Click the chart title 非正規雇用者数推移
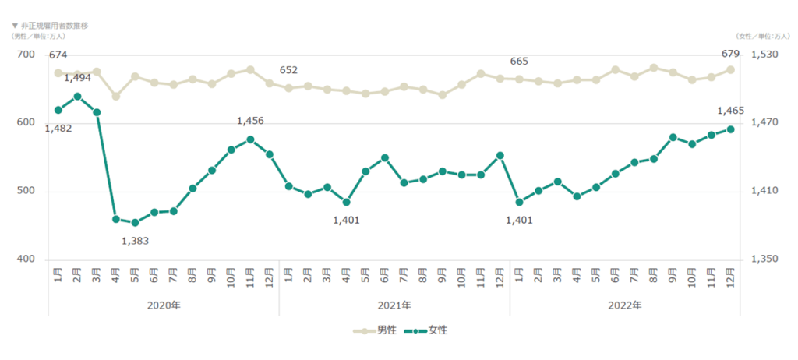coord(54,26)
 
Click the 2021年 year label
coord(394,305)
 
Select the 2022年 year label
coord(625,305)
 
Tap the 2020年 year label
coord(164,305)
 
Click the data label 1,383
coord(135,241)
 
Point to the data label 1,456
coord(250,121)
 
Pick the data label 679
coord(730,55)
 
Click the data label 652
coord(288,70)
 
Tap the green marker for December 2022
coord(730,129)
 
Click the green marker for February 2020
coord(77,97)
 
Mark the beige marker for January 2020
coord(58,73)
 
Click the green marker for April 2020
coord(115,219)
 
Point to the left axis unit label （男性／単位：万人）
coord(38,36)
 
